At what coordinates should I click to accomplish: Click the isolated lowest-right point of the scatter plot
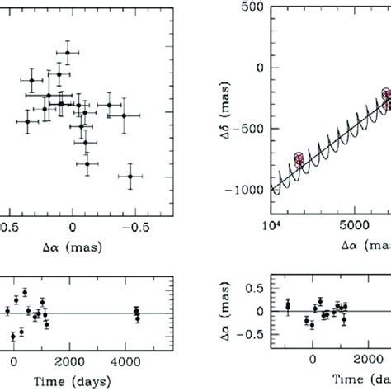click(130, 176)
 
